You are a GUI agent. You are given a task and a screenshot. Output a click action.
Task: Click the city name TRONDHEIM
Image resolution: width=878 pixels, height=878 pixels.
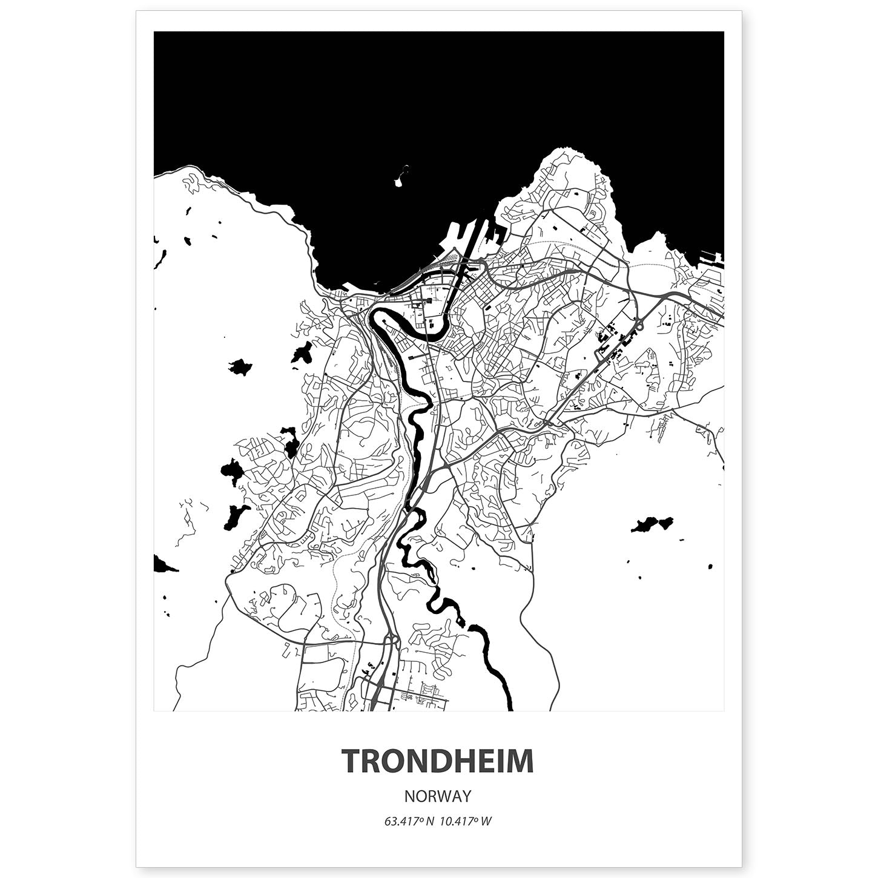438,761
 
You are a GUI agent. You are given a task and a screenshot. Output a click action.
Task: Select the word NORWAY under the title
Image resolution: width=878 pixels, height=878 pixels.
438,794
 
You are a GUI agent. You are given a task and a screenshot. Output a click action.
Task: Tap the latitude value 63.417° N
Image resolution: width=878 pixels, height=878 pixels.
409,822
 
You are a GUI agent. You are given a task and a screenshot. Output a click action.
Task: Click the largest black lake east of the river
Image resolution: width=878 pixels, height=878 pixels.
652,524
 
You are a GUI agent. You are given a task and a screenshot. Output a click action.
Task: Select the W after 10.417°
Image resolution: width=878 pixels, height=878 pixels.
487,822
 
